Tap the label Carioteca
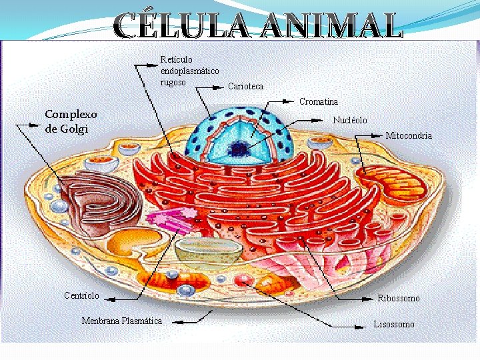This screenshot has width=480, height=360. (245, 87)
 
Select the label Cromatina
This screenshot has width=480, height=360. (318, 102)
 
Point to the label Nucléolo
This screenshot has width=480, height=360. (349, 120)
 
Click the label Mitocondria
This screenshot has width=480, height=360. (408, 135)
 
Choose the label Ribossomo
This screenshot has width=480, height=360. (398, 298)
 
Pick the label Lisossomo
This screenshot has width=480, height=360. (393, 324)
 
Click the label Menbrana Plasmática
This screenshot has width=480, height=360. (121, 321)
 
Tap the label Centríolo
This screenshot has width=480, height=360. (81, 295)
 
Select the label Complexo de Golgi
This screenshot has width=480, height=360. (71, 121)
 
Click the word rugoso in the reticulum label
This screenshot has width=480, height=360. (173, 82)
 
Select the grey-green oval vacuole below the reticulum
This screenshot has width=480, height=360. (209, 249)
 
